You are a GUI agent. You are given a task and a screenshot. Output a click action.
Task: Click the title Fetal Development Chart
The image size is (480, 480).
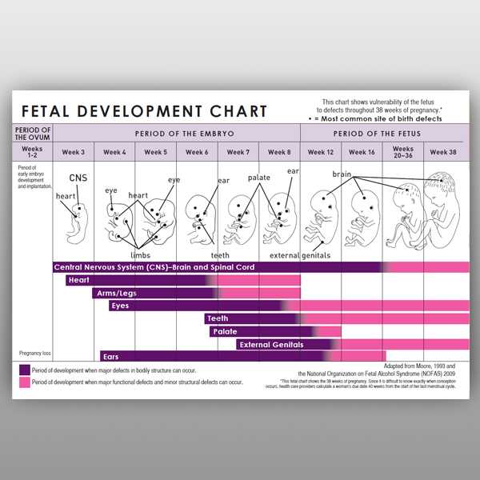(x=144, y=110)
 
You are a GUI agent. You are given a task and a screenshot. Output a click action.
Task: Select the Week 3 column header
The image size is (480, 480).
(x=74, y=152)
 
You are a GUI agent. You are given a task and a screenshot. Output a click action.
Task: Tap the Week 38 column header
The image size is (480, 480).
(x=446, y=152)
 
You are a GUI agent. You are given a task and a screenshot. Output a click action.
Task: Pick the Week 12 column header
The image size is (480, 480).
(x=321, y=152)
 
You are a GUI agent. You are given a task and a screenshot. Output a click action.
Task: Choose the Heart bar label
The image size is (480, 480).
(x=78, y=280)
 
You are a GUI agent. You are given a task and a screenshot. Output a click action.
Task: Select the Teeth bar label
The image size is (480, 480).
(x=218, y=318)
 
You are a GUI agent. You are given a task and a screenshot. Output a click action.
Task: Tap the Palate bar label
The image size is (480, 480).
(x=224, y=331)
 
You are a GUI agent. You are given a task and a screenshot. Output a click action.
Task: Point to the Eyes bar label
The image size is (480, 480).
(x=121, y=306)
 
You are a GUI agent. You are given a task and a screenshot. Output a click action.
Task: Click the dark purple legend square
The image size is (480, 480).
(x=25, y=370)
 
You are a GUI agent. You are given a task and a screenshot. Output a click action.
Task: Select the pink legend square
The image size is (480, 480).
(x=25, y=382)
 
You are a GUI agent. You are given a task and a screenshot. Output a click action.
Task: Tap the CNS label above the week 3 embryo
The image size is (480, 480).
(x=78, y=178)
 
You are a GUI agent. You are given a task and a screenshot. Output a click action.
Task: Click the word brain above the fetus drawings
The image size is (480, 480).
(x=342, y=174)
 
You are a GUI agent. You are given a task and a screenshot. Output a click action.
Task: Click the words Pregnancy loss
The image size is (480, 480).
(x=34, y=353)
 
